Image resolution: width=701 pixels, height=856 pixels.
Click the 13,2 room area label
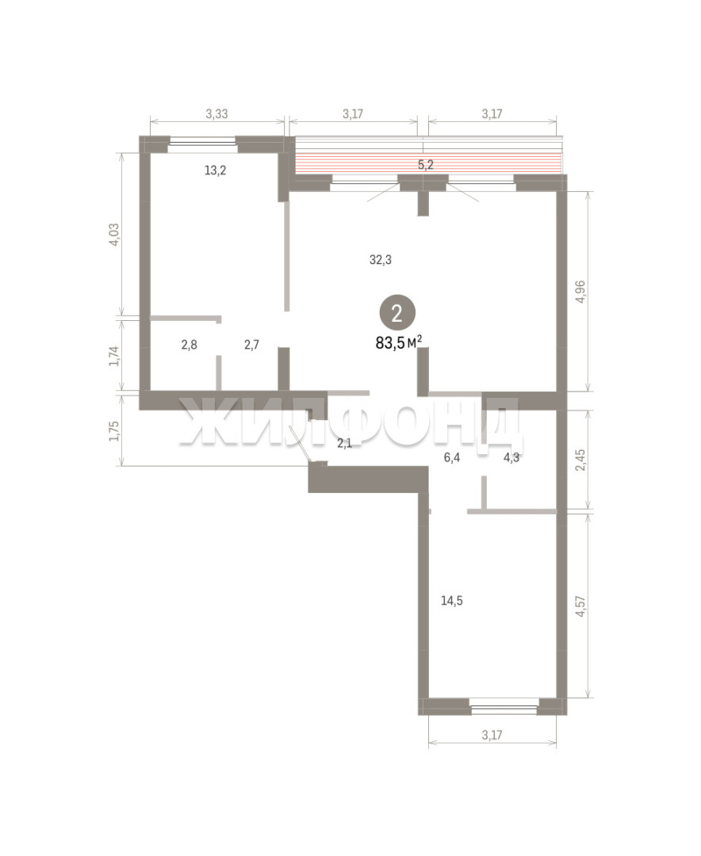point(215,170)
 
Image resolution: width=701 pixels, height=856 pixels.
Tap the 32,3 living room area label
point(381,260)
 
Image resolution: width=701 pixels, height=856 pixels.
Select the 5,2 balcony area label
point(426,164)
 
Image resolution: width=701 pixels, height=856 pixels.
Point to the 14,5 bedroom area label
point(452,601)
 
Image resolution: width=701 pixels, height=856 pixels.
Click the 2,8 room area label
point(189,345)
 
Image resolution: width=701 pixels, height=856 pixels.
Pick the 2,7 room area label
point(251,345)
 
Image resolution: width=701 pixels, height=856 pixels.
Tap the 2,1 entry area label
point(344,443)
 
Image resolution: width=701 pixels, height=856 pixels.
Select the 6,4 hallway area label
point(452,457)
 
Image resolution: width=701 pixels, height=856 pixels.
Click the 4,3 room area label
point(511,457)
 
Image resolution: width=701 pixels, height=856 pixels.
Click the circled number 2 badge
point(397,313)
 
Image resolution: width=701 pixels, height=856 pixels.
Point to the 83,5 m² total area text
point(398,343)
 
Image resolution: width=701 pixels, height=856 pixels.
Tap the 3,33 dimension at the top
point(216,114)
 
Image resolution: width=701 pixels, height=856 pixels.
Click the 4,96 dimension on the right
point(580,292)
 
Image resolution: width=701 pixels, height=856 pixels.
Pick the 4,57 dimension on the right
point(580,606)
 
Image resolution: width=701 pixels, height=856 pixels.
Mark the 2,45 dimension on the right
point(580,460)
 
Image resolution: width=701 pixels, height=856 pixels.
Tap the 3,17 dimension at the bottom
point(492,735)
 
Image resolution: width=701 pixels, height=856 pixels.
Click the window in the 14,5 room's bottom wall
point(504,709)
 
